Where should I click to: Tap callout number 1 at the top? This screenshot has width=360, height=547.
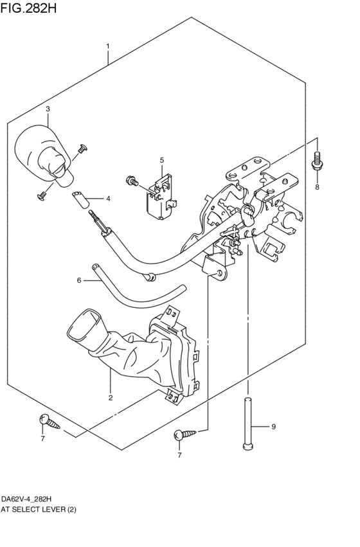[x=108, y=46]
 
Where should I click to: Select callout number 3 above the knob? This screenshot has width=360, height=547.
[x=48, y=109]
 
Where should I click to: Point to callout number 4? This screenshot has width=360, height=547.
[x=108, y=199]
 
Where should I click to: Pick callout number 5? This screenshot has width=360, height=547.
[x=162, y=160]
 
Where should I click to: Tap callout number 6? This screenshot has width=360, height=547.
[x=79, y=280]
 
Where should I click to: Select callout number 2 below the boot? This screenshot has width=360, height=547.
[x=110, y=398]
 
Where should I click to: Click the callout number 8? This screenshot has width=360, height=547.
[x=317, y=187]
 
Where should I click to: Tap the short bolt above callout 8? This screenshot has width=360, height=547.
[x=316, y=161]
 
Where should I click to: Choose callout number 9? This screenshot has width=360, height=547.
[x=273, y=426]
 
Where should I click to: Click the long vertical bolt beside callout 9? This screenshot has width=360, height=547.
[x=248, y=425]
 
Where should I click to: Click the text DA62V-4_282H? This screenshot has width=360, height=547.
[x=26, y=499]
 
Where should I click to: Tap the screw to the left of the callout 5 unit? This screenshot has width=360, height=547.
[x=132, y=183]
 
